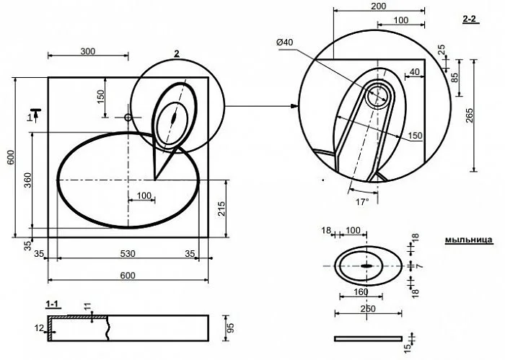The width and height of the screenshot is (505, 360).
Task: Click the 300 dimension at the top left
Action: (87, 51)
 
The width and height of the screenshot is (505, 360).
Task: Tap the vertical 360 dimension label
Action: (27, 181)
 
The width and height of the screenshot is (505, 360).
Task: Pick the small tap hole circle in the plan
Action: (128, 116)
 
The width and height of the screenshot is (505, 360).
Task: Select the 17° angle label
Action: (361, 202)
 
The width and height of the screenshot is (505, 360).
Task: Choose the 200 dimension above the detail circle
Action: (378, 6)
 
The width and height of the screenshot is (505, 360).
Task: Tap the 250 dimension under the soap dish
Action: (368, 309)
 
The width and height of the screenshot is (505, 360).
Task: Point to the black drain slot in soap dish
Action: (368, 266)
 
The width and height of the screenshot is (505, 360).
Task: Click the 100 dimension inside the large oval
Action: (143, 196)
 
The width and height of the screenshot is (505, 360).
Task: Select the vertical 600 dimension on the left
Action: (10, 158)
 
